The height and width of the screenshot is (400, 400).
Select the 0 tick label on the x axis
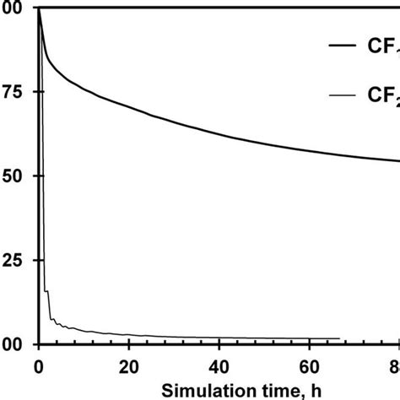click(39, 365)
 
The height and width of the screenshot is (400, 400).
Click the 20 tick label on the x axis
click(129, 365)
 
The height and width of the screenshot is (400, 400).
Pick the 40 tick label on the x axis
click(219, 365)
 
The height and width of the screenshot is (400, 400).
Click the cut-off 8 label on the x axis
click(394, 365)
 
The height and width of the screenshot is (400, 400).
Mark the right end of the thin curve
click(339, 338)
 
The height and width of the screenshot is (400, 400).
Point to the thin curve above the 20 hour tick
click(129, 335)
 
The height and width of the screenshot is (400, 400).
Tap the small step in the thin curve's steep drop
click(46, 291)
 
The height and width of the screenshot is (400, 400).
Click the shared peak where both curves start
click(39, 10)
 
